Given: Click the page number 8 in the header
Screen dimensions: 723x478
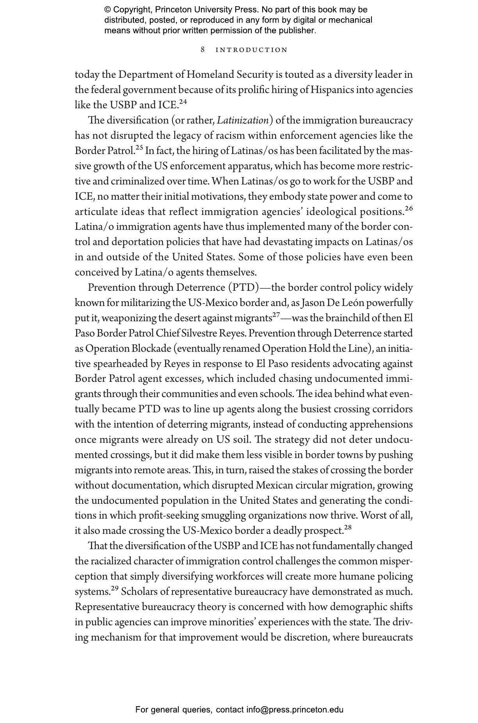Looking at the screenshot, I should click(x=203, y=50).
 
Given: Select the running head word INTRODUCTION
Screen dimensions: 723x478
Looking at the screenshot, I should click(x=252, y=50).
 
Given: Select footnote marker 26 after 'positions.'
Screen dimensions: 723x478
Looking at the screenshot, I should click(x=409, y=209).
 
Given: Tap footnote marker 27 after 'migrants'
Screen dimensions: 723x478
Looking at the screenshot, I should click(x=276, y=315).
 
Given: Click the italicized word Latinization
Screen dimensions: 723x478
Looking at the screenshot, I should click(x=243, y=120).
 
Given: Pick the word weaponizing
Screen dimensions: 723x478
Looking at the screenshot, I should click(x=128, y=319).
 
